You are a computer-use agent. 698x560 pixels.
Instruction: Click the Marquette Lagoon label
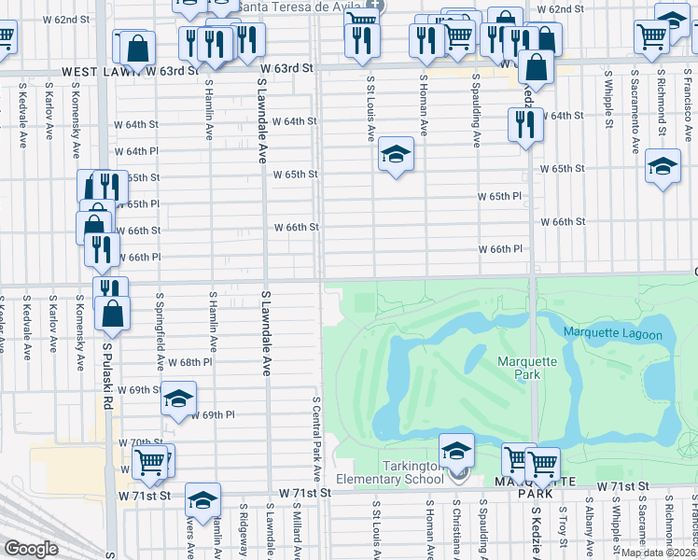coord(612,334)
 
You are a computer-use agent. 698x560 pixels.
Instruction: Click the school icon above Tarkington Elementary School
coord(455,451)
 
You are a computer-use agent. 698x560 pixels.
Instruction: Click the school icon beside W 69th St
coord(178,399)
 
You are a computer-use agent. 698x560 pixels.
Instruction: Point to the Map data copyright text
coord(659,553)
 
